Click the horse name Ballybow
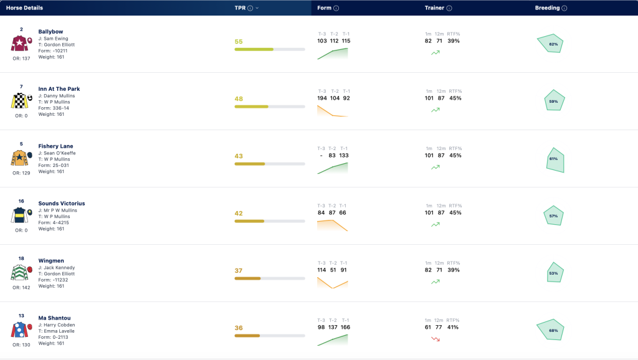point(50,32)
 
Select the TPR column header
point(240,7)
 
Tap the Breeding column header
point(547,7)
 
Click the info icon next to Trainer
point(449,8)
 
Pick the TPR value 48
point(239,99)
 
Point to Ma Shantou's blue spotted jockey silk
point(19,329)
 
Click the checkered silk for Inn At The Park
point(19,100)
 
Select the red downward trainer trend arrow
point(436,339)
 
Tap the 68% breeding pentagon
point(551,329)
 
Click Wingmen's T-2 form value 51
point(333,270)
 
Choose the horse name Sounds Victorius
point(62,204)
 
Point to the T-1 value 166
point(345,328)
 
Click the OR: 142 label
point(21,288)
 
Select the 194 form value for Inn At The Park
point(322,98)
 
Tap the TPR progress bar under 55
point(270,50)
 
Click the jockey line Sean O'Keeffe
point(57,153)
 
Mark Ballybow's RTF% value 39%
point(454,41)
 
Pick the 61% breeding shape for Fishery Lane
point(555,160)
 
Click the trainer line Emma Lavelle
point(57,331)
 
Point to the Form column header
point(324,7)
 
